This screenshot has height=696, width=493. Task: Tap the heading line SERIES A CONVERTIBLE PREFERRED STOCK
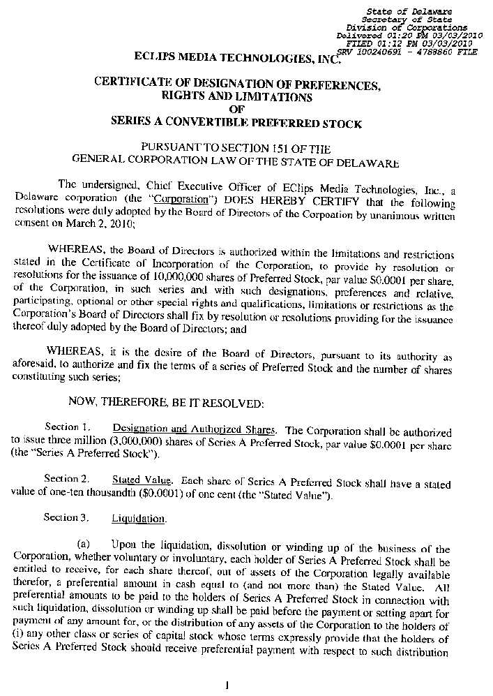[236, 124]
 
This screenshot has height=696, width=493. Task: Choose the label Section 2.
[66, 480]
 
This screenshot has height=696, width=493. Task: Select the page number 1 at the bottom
[228, 685]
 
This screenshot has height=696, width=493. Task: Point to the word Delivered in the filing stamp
[358, 36]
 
